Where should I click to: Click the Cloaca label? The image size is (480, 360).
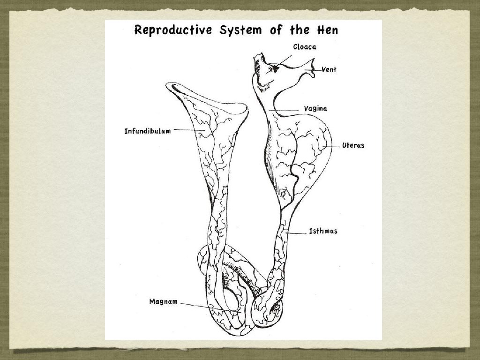(305, 47)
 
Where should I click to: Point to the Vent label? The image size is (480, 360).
(329, 70)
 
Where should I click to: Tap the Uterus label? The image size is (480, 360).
(353, 145)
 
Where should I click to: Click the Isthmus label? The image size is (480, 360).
(323, 231)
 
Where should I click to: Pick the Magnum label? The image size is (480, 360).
(164, 301)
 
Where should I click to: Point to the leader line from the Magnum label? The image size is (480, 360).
(211, 307)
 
